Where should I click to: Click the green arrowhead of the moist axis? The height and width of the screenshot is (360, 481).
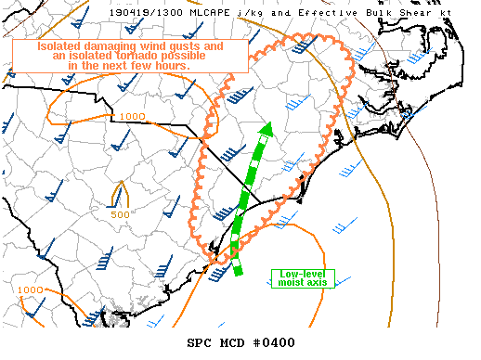[x=266, y=131]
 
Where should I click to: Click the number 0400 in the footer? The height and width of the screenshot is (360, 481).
[x=278, y=342]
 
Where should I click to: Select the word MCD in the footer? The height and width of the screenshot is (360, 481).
[x=232, y=342]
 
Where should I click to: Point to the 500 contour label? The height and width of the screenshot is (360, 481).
[x=120, y=214]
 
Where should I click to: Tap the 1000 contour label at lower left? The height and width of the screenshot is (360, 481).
[x=30, y=289]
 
